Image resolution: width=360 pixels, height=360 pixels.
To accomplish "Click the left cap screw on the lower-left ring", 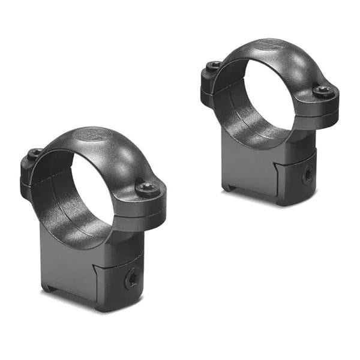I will click(x=35, y=153).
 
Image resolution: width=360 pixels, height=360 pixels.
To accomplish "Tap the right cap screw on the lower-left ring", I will click(x=146, y=188).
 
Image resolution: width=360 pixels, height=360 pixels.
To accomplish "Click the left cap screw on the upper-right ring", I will click(x=214, y=65).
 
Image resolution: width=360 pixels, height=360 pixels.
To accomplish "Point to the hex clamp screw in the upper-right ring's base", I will click(x=307, y=175).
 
